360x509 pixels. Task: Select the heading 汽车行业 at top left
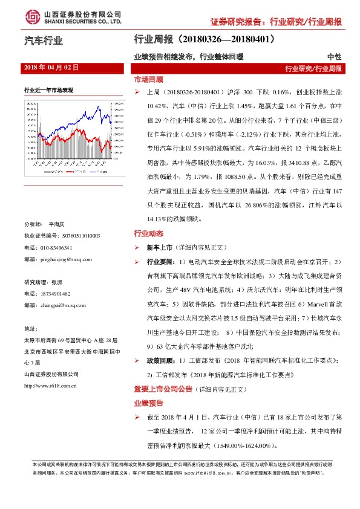[43, 41]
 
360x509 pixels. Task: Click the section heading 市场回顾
[148, 79]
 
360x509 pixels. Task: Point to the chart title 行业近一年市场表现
[49, 90]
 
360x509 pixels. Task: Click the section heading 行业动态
[148, 234]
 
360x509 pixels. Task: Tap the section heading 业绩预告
[148, 402]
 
